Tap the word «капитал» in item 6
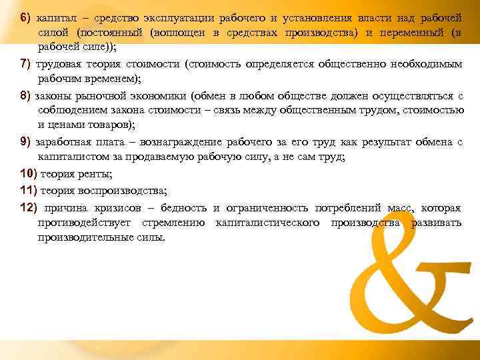click(55, 15)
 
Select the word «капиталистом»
click(75, 158)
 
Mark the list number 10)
click(29, 174)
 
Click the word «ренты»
click(97, 175)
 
